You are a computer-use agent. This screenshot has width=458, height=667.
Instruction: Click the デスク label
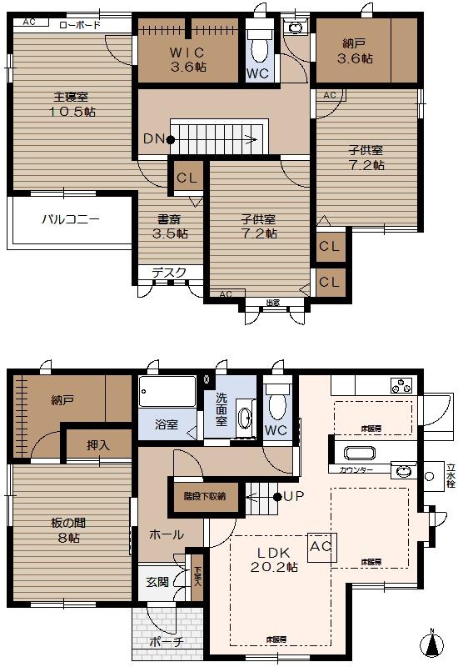169,272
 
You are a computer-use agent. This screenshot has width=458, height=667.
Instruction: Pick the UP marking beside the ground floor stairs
292,497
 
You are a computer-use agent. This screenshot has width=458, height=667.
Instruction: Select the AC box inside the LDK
321,546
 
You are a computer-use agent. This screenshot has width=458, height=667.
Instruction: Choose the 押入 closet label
99,445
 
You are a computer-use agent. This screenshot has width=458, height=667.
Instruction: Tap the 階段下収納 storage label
204,495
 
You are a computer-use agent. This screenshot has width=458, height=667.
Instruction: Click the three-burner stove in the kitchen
401,386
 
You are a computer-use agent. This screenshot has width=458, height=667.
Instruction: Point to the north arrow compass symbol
431,643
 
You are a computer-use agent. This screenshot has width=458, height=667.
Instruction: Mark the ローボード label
80,25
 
